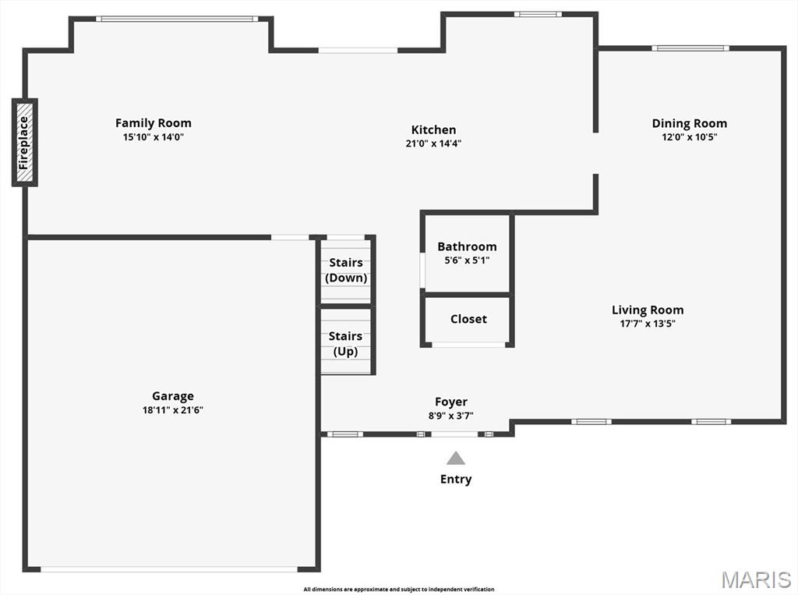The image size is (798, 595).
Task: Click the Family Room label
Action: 154,122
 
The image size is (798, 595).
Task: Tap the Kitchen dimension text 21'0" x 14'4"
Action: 433,143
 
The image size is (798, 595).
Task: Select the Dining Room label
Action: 690,123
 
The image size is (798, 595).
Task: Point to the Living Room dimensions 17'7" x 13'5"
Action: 648,324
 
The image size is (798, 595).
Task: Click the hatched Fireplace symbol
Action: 24,142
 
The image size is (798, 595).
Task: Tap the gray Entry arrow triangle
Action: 455,458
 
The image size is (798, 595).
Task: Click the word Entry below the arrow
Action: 456,480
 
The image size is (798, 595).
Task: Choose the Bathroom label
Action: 468,246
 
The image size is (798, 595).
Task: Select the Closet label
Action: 468,319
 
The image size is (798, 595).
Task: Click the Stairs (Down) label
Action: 346,270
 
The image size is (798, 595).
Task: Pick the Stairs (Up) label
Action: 345,344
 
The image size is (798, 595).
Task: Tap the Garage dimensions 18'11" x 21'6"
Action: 173,410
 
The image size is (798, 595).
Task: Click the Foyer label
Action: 451,402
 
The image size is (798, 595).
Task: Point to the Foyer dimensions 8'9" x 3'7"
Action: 451,416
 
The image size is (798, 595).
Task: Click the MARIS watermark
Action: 756,579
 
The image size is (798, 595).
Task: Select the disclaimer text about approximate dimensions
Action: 399,590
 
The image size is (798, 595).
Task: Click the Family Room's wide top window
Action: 178,19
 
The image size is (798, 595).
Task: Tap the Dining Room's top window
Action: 690,48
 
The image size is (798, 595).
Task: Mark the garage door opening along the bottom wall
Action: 169,569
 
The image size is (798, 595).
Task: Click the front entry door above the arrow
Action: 455,434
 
